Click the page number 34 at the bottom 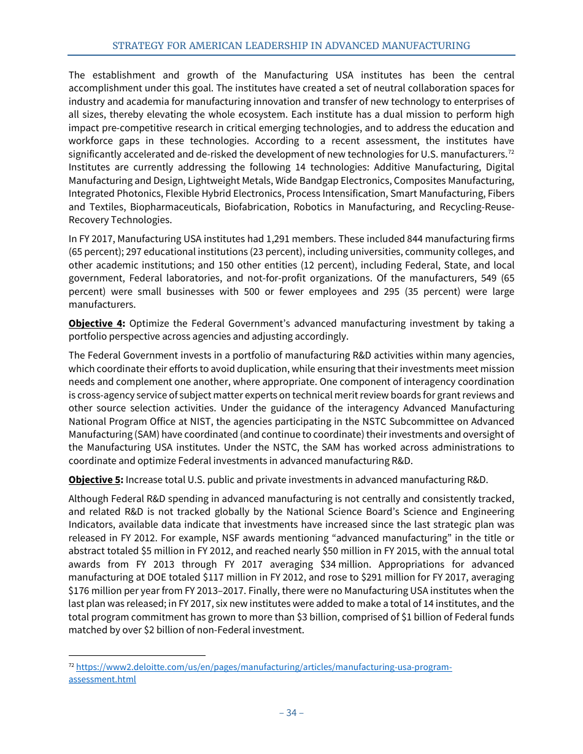291,712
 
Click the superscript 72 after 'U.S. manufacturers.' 511,151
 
